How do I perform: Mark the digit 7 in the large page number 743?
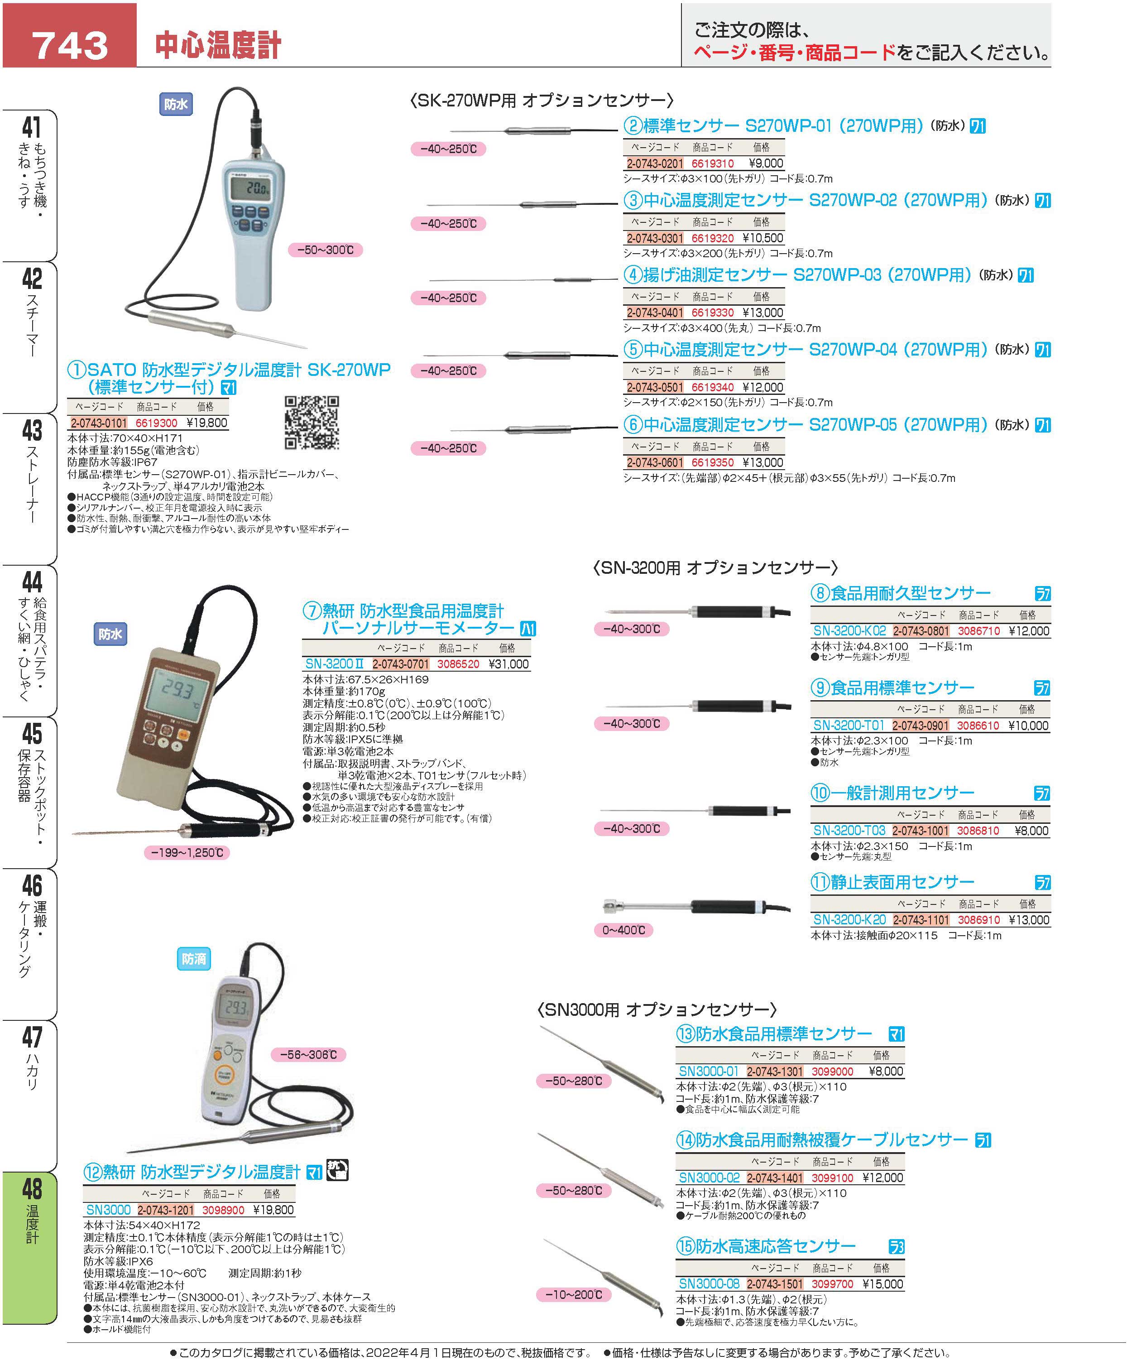[44, 45]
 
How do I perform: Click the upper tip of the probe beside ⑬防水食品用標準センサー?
[542, 1027]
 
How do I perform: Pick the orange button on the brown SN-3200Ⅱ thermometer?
[184, 736]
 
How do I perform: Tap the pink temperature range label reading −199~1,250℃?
[187, 852]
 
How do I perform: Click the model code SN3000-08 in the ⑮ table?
[709, 1283]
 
